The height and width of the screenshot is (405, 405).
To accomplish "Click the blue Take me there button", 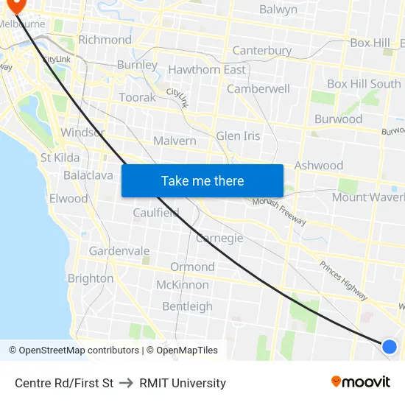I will click(202, 180).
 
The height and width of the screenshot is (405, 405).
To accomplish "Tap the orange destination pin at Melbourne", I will click(15, 5).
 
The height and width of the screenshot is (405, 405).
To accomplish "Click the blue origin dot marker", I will click(390, 346).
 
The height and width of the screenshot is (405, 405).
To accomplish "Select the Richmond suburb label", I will click(105, 40).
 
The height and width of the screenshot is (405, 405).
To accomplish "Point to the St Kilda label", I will click(60, 158).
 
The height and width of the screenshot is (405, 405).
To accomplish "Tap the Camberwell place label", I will click(258, 88).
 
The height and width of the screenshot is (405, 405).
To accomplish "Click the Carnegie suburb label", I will click(219, 239).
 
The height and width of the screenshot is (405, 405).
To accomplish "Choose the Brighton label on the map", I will click(91, 278).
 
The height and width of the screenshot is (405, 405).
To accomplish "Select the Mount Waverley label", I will click(367, 197).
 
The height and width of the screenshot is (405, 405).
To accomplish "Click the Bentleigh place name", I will click(187, 306).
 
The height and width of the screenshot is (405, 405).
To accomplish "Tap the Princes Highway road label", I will click(343, 281).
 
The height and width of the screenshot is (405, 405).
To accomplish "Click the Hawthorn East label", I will click(207, 70).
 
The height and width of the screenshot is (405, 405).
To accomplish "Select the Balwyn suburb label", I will click(278, 10).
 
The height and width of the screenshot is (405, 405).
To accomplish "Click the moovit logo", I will click(361, 381).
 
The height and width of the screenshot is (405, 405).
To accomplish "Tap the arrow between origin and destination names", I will click(126, 383).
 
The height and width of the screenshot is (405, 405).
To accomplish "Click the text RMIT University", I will click(183, 383).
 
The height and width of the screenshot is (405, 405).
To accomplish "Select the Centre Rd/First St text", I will click(64, 383).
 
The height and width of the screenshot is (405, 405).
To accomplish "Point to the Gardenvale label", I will click(119, 251).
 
